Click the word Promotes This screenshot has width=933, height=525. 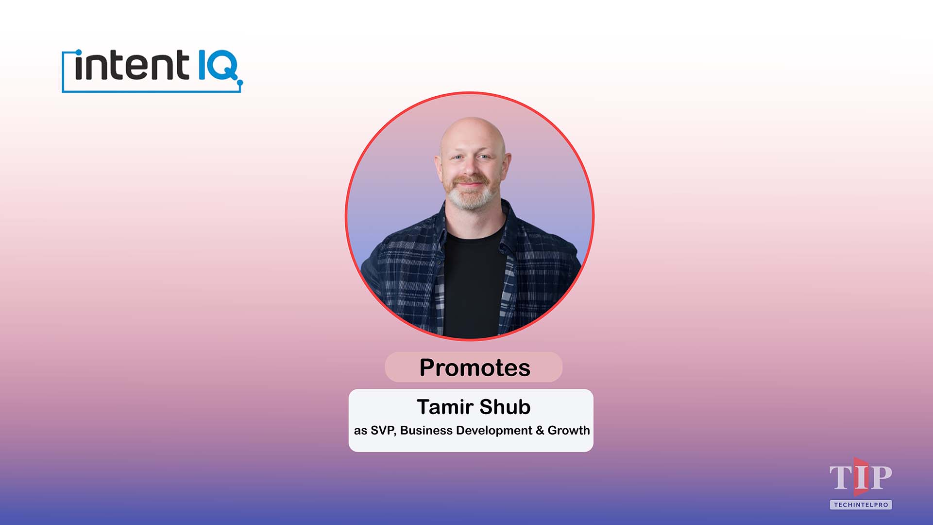point(475,367)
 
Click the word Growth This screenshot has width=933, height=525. point(568,431)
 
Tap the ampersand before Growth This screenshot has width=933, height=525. point(540,431)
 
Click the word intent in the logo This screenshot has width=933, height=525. point(131,66)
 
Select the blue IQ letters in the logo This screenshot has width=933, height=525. point(218,66)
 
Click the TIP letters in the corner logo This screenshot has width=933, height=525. point(860,477)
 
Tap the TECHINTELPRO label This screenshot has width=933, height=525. point(861,505)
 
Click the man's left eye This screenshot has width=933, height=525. point(485,157)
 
